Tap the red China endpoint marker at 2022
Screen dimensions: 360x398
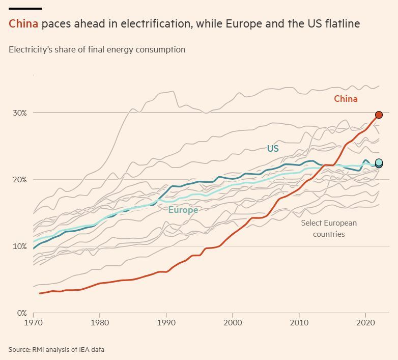[379, 115]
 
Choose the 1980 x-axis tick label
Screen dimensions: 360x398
[100, 323]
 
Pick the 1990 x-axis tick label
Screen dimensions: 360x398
[166, 323]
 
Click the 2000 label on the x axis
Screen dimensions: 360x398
[233, 323]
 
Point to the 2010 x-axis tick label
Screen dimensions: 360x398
[300, 323]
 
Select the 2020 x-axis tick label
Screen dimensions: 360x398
[366, 323]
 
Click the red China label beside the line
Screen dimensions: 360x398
[346, 99]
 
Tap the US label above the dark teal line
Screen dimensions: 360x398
[273, 149]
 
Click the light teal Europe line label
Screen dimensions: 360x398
[183, 210]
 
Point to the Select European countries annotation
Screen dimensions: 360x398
[329, 229]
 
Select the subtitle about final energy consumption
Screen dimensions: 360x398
[97, 50]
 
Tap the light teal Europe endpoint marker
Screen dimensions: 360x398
[379, 162]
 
